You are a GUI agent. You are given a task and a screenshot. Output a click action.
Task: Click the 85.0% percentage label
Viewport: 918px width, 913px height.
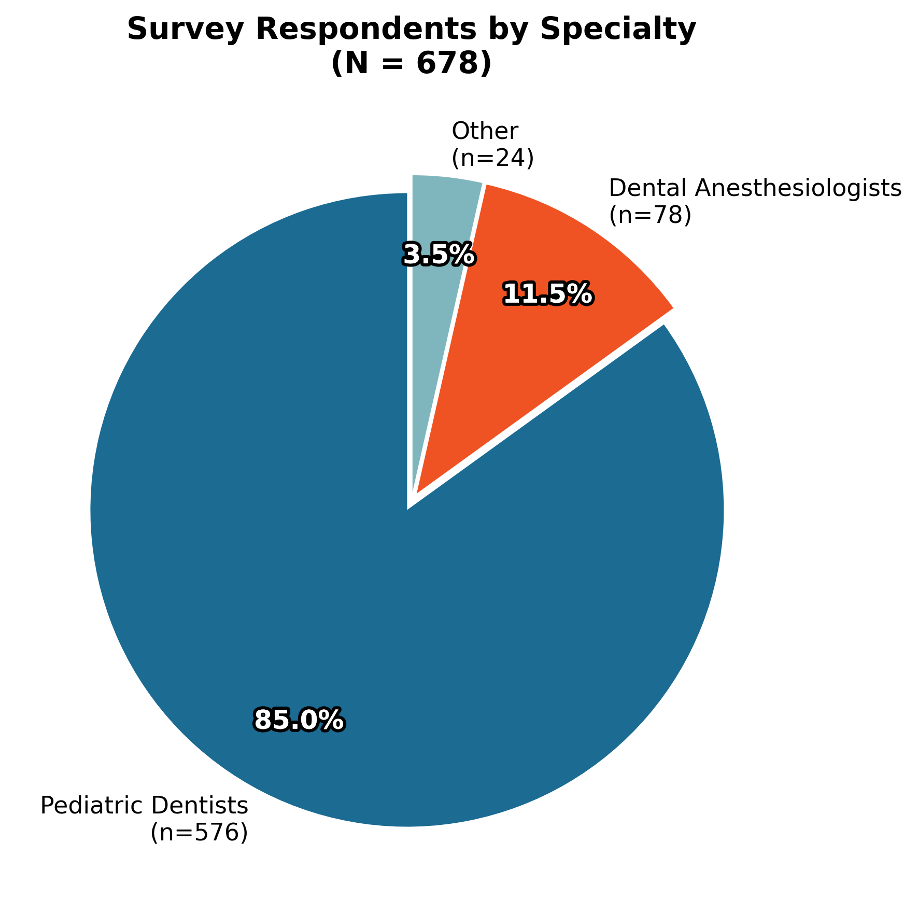[299, 720]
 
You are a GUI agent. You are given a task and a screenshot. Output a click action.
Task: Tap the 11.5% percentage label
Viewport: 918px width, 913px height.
[548, 294]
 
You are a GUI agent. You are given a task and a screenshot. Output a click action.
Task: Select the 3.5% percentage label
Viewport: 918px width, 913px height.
[439, 255]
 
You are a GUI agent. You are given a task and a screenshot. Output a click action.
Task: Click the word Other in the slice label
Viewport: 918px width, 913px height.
[485, 132]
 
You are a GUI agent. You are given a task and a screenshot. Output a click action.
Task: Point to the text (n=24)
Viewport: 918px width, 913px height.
[492, 159]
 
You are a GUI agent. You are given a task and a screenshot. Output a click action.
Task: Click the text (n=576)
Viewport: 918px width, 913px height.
[199, 833]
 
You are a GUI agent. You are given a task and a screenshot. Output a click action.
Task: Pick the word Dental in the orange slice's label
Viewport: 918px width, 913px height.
[648, 188]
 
